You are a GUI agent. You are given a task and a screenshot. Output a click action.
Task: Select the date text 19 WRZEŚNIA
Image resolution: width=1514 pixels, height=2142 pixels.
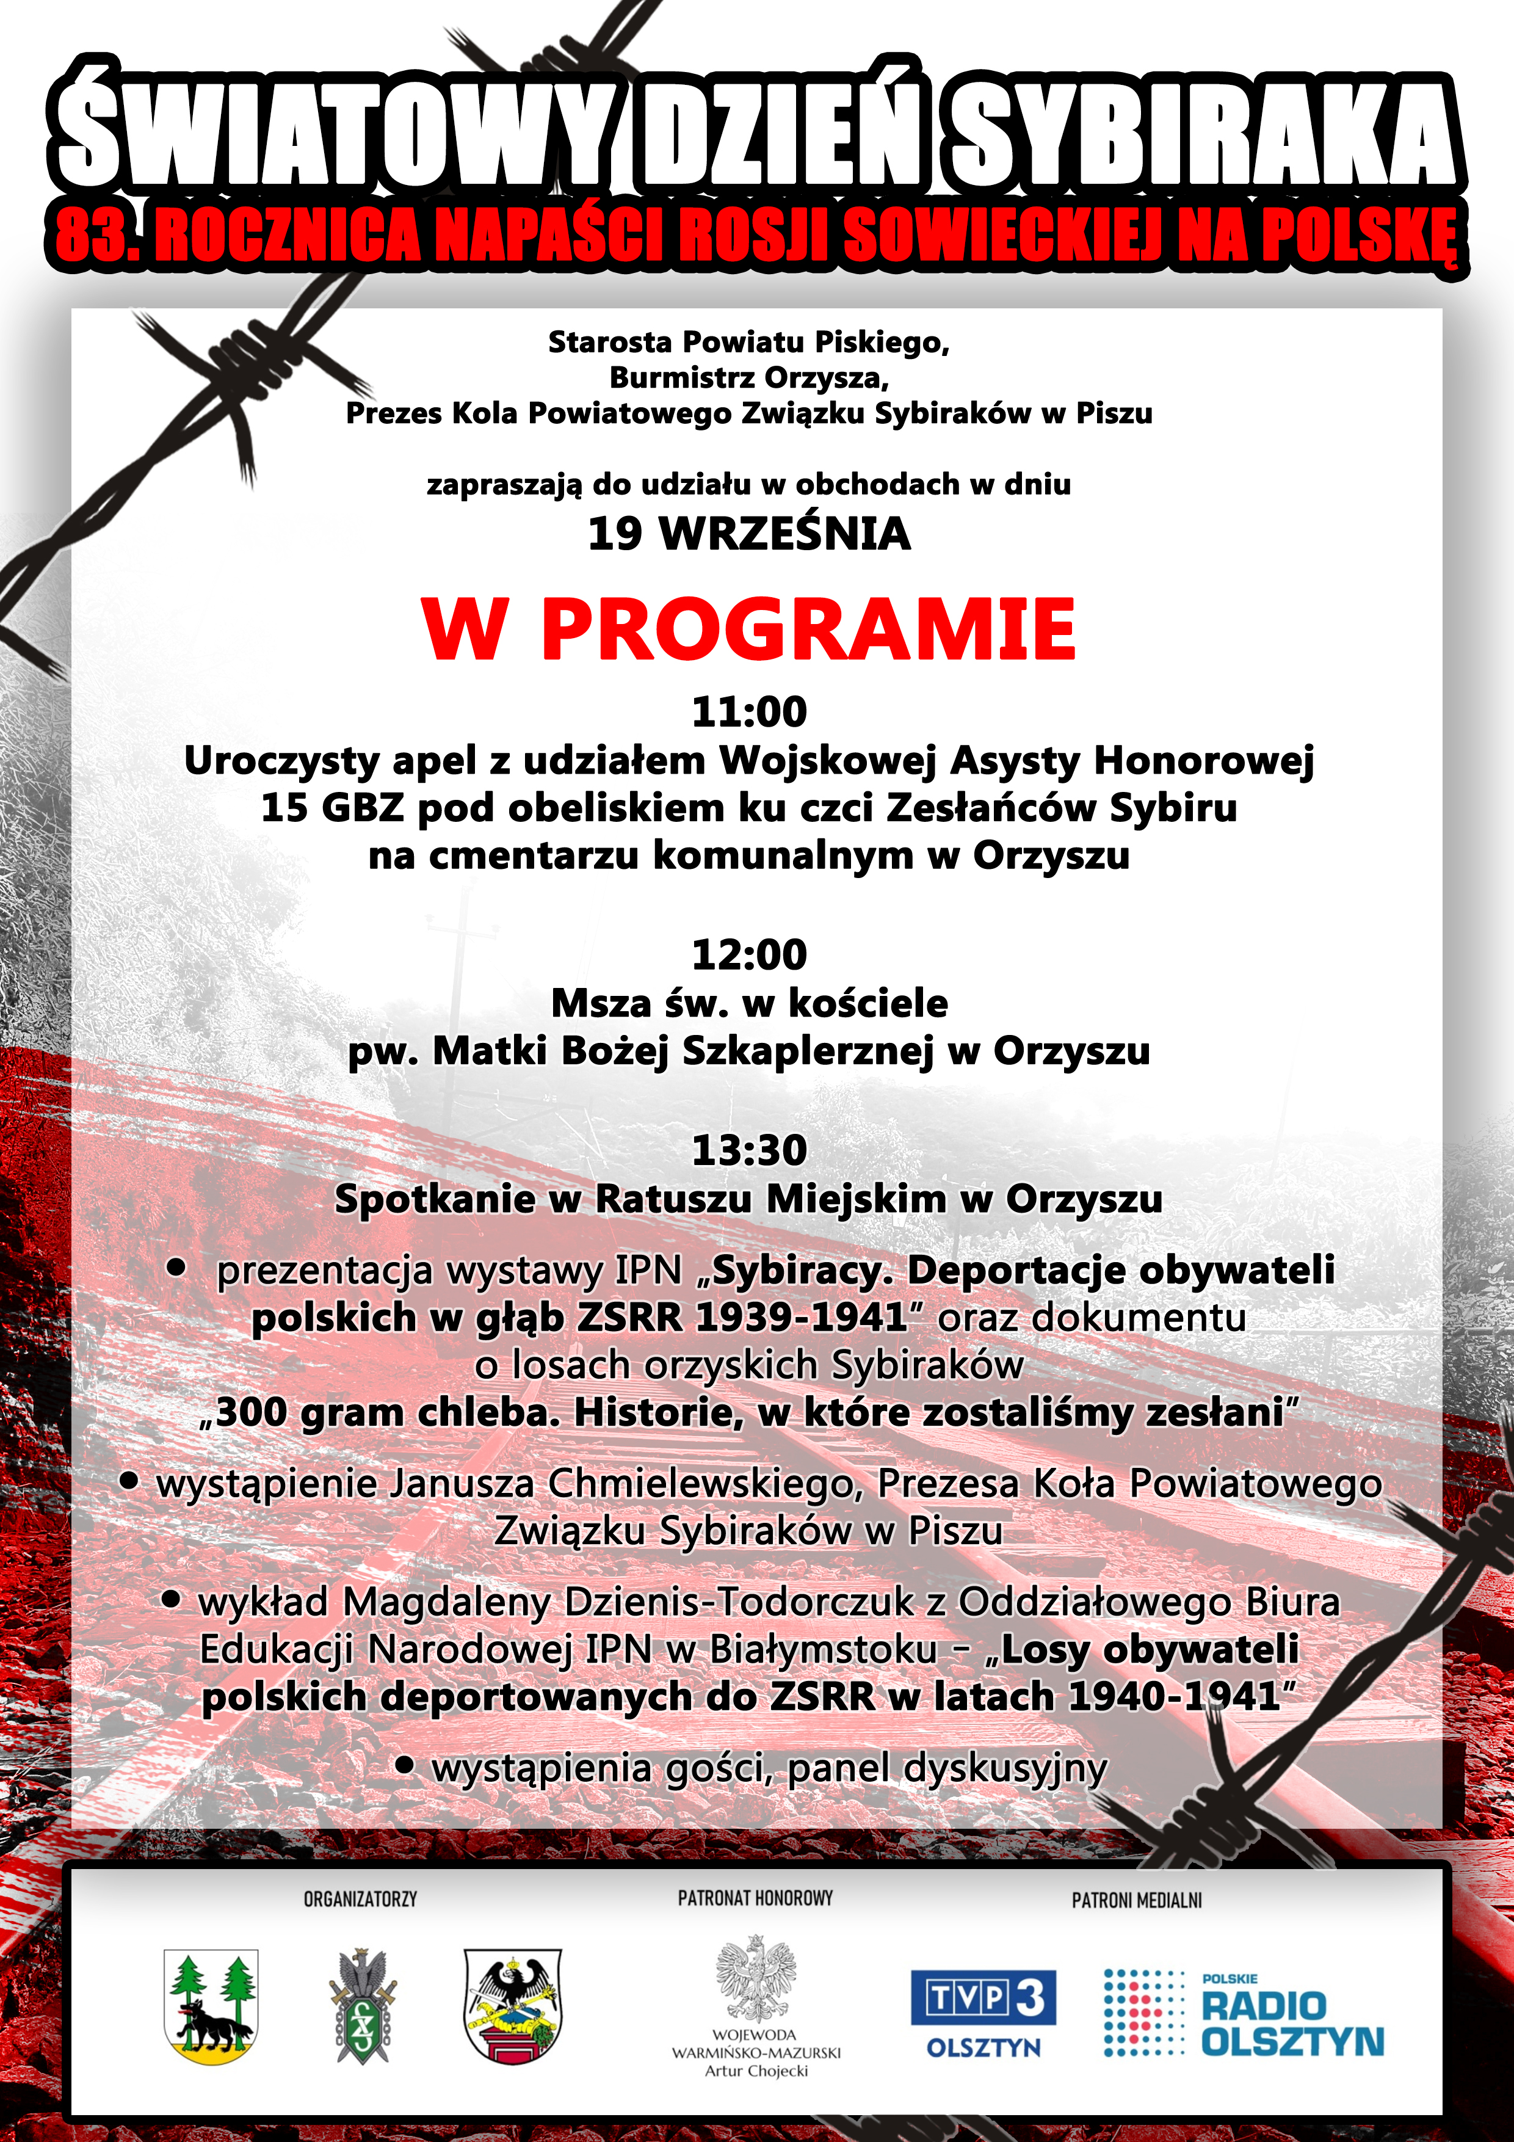pos(749,534)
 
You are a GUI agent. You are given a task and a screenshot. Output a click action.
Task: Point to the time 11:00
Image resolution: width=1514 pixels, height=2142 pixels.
pos(749,712)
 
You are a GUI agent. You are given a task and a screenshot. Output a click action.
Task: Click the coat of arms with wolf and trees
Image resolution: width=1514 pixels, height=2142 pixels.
pos(211,2006)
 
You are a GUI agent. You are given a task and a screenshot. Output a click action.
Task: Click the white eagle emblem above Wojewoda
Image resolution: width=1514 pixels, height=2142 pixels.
pos(756,1978)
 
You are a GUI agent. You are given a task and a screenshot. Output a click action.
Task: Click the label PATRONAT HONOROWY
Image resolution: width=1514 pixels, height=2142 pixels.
pos(756,1898)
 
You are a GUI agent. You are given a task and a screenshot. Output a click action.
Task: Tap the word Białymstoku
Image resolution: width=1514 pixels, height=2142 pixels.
pos(823,1649)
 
